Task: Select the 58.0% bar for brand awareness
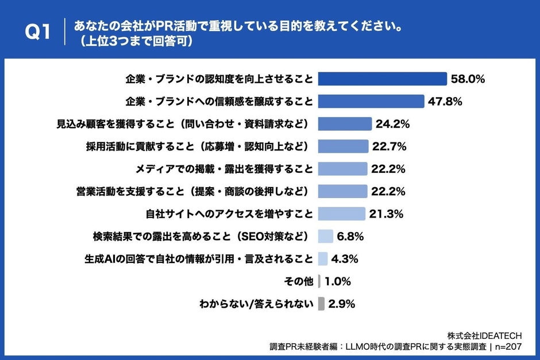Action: pos(382,79)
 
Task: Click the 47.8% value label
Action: pos(445,102)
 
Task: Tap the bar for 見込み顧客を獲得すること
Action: pos(345,124)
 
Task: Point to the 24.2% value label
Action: pos(393,124)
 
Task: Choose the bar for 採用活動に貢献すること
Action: pos(343,146)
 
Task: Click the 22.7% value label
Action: pos(389,146)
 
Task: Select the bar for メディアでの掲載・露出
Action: pos(342,169)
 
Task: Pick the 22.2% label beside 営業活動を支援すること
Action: pos(388,191)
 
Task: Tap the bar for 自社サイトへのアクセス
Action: pos(341,214)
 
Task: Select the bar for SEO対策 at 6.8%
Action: pos(325,236)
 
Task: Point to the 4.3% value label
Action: pos(345,259)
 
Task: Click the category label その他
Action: pos(299,281)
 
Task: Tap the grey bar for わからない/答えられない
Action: pos(321,304)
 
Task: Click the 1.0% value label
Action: pos(338,281)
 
